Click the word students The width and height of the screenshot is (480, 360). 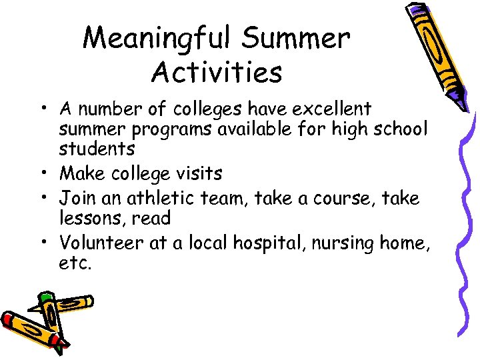pos(97,148)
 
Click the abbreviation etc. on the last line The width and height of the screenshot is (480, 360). pos(75,263)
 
